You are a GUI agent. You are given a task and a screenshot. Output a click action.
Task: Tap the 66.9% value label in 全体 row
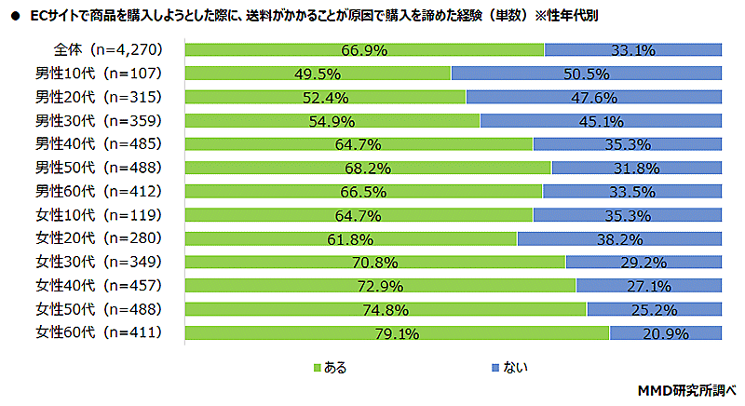click(365, 50)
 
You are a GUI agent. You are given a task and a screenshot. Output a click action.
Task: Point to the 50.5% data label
click(588, 74)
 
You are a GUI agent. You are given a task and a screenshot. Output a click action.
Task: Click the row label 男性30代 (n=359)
click(99, 120)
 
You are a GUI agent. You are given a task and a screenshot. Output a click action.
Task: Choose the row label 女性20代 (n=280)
click(99, 237)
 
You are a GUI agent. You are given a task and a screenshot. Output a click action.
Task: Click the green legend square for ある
click(316, 367)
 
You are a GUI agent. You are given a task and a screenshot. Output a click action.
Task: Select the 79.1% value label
click(398, 332)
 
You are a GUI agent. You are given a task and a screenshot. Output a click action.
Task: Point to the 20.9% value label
click(667, 332)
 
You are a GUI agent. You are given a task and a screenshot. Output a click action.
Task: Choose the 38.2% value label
click(620, 238)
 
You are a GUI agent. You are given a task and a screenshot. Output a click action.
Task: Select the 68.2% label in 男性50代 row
click(369, 168)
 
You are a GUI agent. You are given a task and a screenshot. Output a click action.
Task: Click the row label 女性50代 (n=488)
click(99, 308)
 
